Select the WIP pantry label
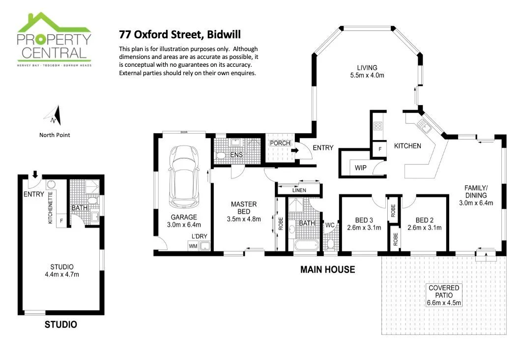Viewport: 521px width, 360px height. click(360, 168)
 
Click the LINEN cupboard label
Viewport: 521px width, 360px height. click(299, 190)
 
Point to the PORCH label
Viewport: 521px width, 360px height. click(280, 143)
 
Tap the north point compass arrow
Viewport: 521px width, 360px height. click(54, 116)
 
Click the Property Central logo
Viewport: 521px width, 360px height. click(54, 39)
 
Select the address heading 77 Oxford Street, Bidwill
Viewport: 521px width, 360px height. click(180, 35)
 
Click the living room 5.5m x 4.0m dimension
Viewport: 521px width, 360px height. click(367, 76)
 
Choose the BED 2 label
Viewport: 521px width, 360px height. click(424, 220)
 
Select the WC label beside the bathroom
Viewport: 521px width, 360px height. click(329, 225)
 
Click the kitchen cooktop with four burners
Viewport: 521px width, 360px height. click(378, 126)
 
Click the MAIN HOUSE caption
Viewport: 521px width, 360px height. click(327, 270)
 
